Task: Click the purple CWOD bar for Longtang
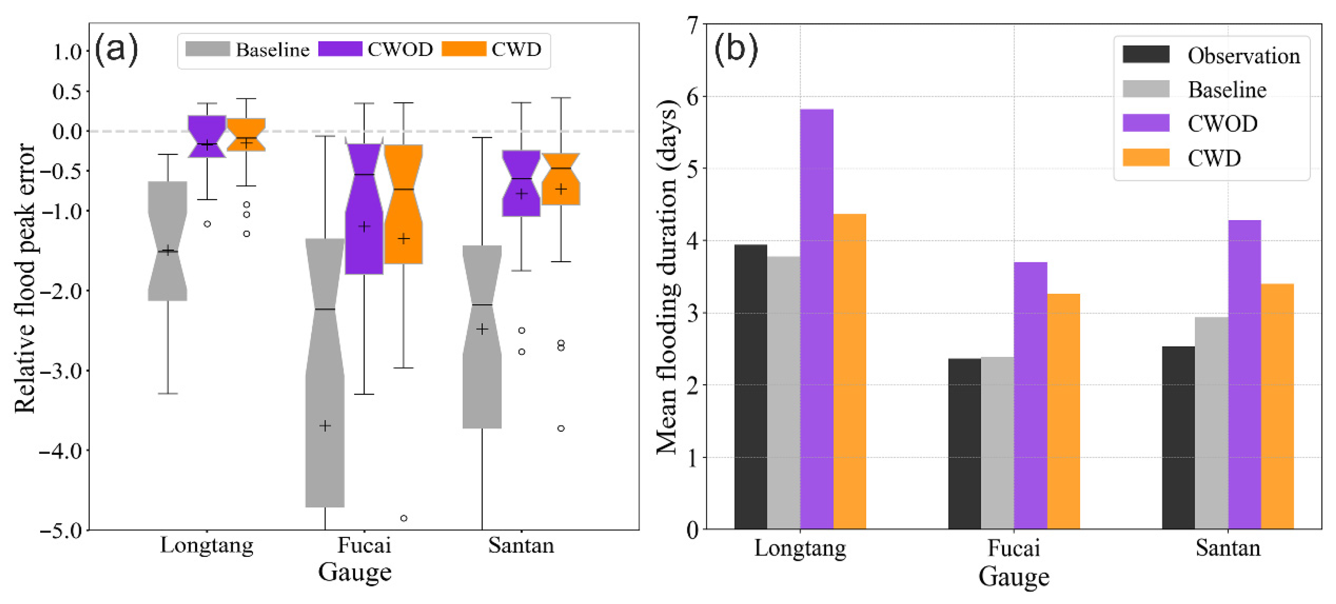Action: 817,319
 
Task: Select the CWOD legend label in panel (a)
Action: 400,50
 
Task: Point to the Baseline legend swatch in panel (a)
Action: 207,49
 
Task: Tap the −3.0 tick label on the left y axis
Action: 61,371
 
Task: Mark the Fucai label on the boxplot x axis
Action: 364,545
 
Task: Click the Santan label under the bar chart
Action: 1227,548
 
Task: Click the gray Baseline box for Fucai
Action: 325,373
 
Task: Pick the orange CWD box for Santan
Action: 561,180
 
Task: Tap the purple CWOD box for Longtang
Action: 207,136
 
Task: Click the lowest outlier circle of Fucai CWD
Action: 404,518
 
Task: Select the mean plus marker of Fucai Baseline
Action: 325,426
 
